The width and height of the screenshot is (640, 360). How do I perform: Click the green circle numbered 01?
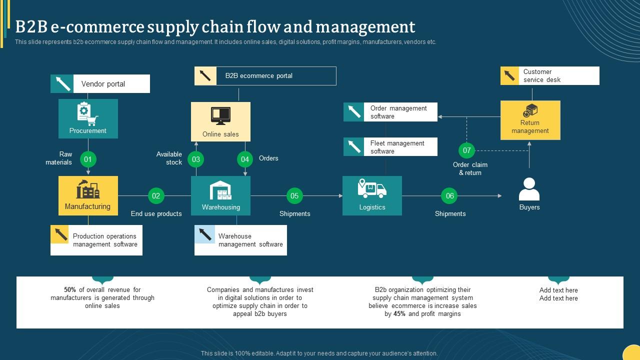pos(88,159)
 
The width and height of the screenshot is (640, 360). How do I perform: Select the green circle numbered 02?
pos(156,195)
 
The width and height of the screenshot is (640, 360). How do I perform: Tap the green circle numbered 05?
pos(294,195)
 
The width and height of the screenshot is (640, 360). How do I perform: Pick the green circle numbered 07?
pos(466,150)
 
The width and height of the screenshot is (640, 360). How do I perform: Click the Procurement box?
pos(88,118)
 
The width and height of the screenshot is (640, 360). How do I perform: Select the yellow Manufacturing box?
pos(88,195)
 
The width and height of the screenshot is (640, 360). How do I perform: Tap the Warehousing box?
pos(220,195)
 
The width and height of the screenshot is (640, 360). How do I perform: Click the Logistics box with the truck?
pos(372,195)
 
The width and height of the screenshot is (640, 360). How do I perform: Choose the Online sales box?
pos(220,121)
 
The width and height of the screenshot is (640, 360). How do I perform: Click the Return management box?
pos(530,120)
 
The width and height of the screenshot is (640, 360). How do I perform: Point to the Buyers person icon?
pos(529,189)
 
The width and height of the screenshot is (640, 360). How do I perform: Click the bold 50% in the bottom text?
pos(70,290)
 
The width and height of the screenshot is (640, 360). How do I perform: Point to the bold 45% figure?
pos(399,314)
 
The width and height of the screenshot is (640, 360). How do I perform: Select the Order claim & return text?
pos(470,168)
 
